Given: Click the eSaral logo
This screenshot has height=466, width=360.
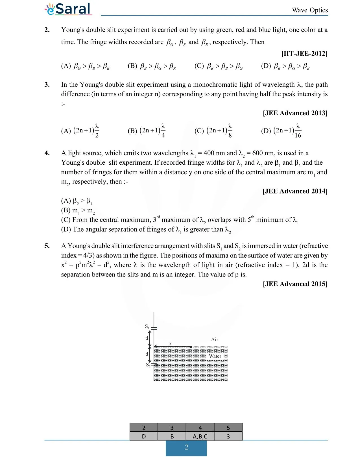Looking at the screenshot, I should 68,9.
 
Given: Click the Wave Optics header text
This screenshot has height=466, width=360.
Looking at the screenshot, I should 310,10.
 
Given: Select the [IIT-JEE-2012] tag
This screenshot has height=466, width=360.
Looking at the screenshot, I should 304,54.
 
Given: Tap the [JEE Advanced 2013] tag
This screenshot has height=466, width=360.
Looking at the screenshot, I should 295,113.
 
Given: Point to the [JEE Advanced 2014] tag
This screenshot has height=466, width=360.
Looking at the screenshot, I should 295,191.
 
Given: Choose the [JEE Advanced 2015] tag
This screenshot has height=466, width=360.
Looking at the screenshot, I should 295,284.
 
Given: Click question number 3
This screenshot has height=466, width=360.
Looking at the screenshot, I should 47,84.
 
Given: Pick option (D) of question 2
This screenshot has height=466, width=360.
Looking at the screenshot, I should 285,66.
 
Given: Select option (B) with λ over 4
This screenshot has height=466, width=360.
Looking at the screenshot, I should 146,130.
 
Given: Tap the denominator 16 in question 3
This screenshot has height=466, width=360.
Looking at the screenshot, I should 298,136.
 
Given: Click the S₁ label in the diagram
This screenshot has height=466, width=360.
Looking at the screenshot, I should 147,326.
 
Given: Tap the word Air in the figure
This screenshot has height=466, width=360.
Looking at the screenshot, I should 215,339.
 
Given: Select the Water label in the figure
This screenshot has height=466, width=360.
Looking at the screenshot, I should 215,356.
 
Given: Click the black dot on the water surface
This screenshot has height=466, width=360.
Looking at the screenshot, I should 191,347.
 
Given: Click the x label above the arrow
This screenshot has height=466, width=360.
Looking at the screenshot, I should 170,343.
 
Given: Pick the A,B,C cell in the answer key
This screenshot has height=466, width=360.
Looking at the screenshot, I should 200,436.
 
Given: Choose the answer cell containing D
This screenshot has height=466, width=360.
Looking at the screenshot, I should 144,436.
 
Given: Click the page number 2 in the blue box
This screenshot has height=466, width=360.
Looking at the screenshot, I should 186,447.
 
